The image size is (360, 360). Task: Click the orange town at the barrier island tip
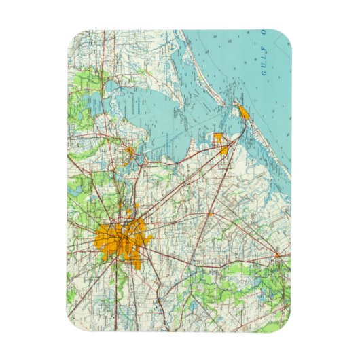pos(243,112)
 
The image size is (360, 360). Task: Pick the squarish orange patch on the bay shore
pos(219,139)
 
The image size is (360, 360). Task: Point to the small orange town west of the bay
pos(128,149)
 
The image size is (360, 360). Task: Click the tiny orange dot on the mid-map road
pos(210,214)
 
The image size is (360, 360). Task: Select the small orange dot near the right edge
pos(277,255)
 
